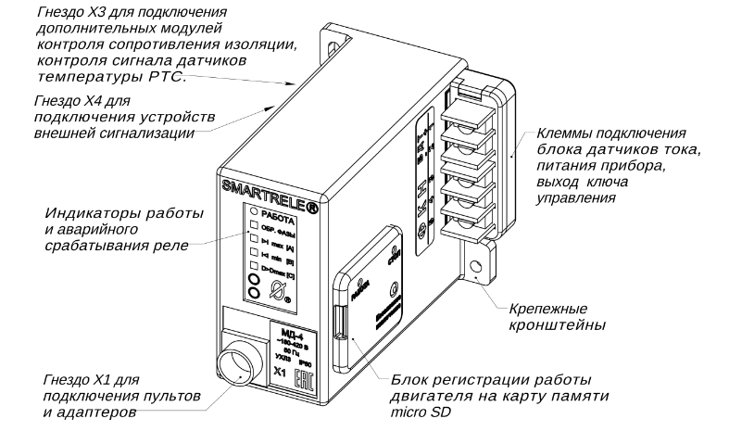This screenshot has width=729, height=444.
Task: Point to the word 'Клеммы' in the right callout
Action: pos(565,132)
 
